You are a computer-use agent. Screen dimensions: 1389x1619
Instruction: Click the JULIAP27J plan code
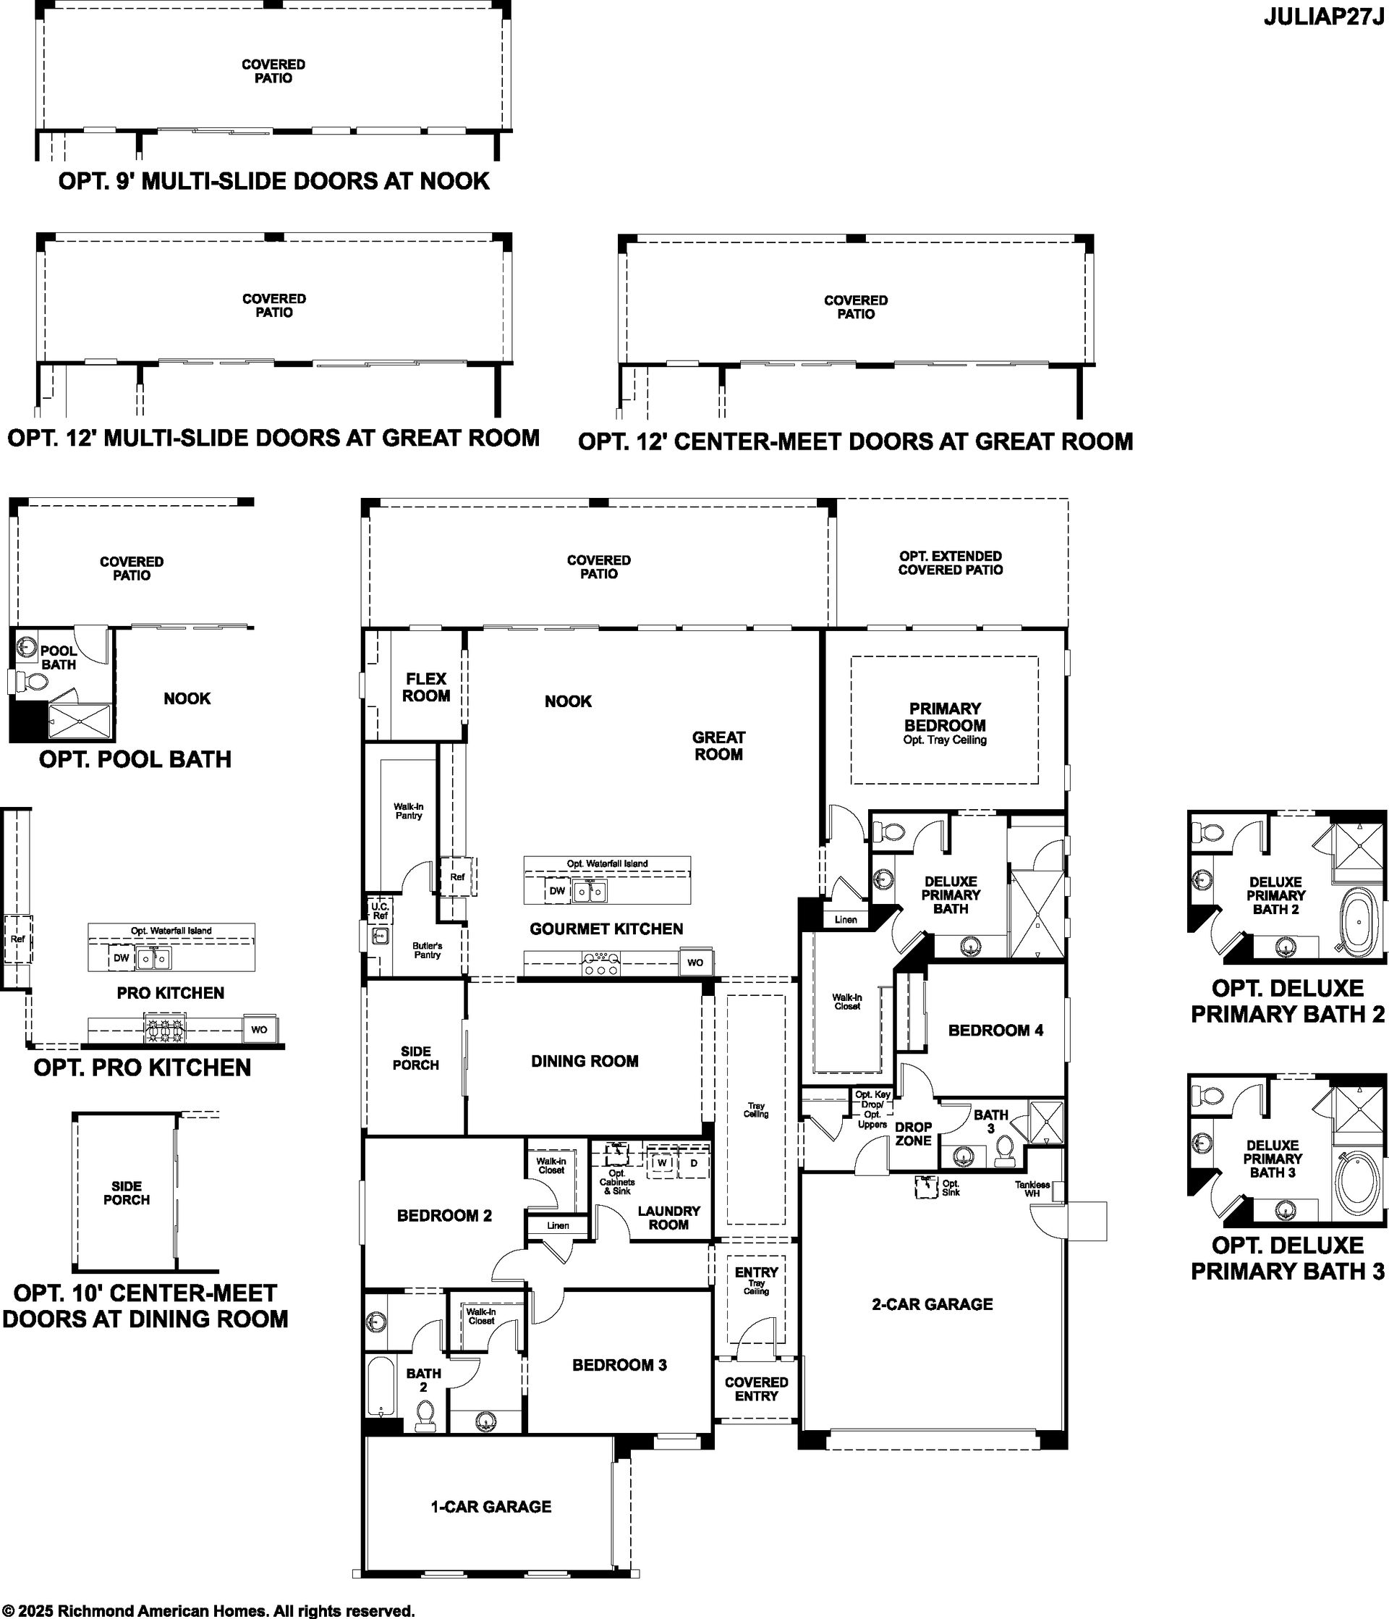tap(1323, 18)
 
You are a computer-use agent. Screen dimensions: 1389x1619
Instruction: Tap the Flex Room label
tap(426, 687)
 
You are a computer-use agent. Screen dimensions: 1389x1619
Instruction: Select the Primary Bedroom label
tap(945, 716)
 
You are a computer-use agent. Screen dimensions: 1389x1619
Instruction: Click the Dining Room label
tap(585, 1060)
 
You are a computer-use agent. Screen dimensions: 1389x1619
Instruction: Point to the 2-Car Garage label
tap(932, 1303)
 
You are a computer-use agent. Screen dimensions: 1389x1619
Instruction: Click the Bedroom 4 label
tap(995, 1030)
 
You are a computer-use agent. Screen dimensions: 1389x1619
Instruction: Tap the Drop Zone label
tap(913, 1134)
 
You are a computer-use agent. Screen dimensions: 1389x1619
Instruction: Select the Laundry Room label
tap(668, 1217)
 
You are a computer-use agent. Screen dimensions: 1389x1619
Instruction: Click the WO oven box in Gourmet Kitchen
tap(695, 963)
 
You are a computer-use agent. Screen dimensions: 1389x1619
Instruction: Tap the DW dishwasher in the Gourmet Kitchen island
tap(557, 891)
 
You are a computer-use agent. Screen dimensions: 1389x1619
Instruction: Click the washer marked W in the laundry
tap(663, 1162)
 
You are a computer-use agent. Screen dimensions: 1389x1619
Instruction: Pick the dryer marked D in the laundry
tap(693, 1162)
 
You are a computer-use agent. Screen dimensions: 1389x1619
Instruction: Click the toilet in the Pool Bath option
tap(30, 680)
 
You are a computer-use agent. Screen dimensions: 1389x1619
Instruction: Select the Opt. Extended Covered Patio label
tap(950, 562)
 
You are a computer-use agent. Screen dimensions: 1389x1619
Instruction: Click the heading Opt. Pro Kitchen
tap(143, 1068)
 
